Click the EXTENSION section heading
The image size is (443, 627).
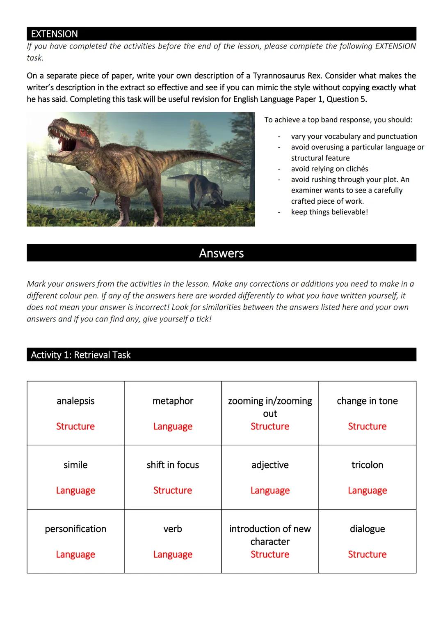[54, 34]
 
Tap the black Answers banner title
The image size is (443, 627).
[221, 253]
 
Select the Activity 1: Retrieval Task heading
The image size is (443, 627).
[80, 355]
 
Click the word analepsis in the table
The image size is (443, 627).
[75, 401]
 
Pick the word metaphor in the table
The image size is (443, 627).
[173, 401]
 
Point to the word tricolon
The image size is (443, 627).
[367, 465]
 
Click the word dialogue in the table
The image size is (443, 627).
[367, 529]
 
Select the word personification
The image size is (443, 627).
[75, 529]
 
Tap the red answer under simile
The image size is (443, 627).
[75, 490]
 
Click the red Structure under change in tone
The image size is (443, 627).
[367, 426]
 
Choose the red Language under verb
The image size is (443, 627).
[173, 554]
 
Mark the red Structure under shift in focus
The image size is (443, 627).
[173, 490]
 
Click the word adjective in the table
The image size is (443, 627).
[270, 465]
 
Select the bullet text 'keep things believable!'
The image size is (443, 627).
[329, 212]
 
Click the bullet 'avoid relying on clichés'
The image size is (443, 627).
[329, 169]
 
